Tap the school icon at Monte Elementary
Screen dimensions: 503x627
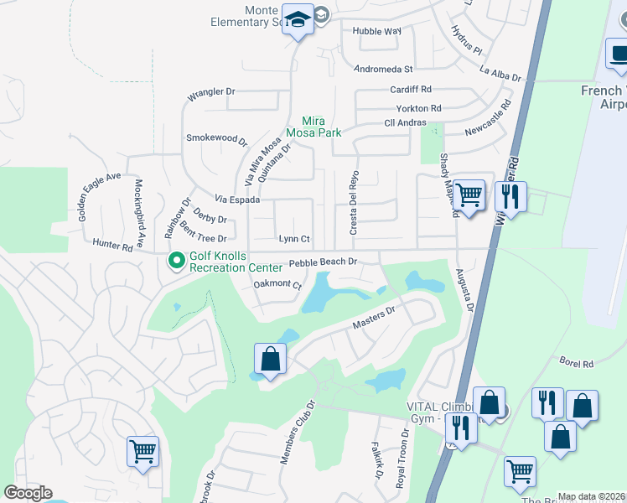point(298,19)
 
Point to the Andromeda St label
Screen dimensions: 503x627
point(384,69)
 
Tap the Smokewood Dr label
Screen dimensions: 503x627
point(217,137)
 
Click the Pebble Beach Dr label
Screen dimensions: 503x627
point(324,262)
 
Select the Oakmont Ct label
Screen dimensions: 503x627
point(277,285)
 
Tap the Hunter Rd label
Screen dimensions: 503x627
point(113,246)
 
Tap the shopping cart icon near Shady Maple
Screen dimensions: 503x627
point(469,195)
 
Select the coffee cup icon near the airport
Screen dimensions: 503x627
point(619,53)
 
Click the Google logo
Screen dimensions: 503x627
point(28,493)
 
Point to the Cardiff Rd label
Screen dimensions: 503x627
point(410,89)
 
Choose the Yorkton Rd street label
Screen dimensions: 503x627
point(418,109)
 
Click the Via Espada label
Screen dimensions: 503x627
point(237,200)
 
